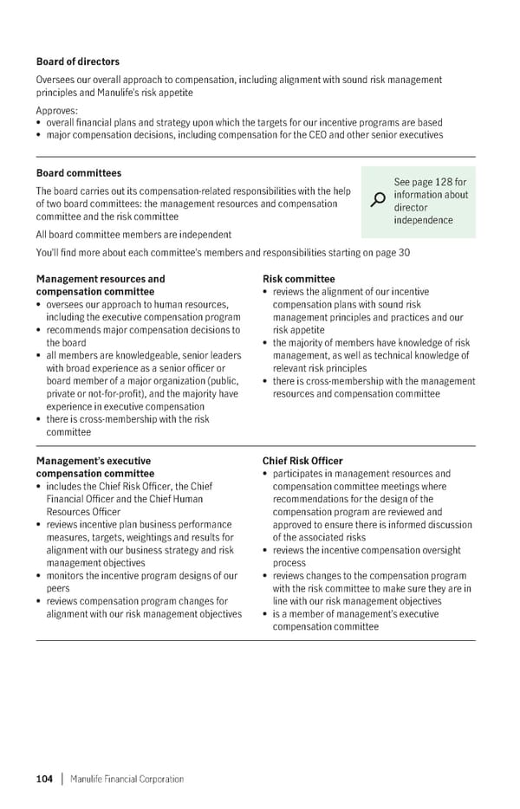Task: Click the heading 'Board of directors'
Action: point(78,61)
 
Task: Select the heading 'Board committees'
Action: point(79,173)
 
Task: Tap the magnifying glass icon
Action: point(378,200)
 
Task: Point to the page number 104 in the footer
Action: point(44,779)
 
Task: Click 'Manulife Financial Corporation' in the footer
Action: point(127,779)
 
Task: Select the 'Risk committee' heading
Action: point(298,279)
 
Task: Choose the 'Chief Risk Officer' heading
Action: point(302,461)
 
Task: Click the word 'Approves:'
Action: point(57,111)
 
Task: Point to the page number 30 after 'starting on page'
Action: point(404,252)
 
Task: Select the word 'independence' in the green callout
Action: point(423,220)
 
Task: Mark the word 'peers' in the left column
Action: point(57,589)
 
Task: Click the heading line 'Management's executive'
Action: point(93,461)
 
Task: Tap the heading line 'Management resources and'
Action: point(101,279)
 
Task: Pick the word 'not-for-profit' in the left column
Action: point(107,393)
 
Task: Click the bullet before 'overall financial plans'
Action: point(39,123)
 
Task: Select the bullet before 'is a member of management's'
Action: point(265,614)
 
